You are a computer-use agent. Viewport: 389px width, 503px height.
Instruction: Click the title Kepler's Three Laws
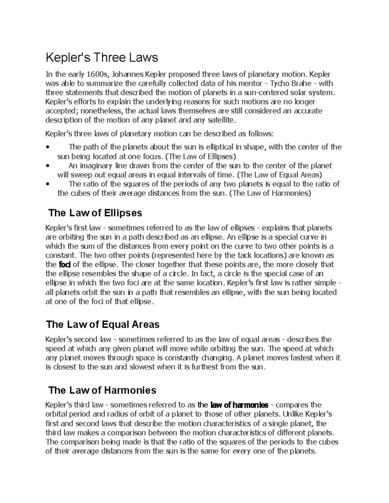[x=102, y=58]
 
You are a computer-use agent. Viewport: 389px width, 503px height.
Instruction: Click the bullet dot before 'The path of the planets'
[x=48, y=147]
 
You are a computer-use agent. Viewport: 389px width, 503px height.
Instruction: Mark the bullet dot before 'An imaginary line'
[x=48, y=166]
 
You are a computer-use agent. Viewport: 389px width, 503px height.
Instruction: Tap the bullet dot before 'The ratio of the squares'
[x=48, y=184]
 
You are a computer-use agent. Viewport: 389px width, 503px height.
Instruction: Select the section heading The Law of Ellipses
[x=95, y=213]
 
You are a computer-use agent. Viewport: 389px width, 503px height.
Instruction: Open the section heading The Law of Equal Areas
[x=103, y=324]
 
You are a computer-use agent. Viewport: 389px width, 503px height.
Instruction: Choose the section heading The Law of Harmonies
[x=102, y=390]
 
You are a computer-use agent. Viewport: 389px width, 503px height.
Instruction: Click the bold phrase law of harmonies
[x=239, y=405]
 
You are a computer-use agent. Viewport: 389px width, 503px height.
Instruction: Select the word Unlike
[x=293, y=414]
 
